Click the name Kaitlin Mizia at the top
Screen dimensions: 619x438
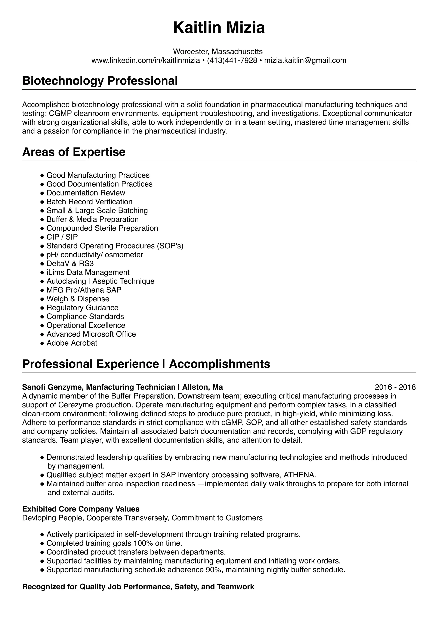click(219, 28)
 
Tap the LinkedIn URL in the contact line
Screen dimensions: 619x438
click(146, 60)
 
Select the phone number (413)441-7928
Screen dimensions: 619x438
click(232, 60)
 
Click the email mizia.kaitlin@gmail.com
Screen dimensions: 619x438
click(305, 60)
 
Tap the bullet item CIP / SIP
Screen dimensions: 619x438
click(62, 237)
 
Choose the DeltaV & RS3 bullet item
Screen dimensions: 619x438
click(70, 263)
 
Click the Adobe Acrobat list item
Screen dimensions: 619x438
click(72, 343)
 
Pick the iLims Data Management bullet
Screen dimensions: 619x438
click(88, 272)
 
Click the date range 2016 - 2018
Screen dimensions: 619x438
click(395, 387)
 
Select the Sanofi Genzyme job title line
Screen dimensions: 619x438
click(122, 387)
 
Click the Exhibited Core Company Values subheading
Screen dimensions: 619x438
click(81, 509)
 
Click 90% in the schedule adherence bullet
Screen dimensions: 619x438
click(214, 570)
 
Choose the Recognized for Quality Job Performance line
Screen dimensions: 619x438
click(138, 587)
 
